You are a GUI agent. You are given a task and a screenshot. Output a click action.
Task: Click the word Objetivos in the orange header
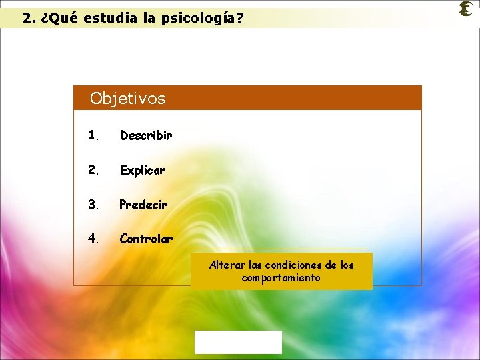pos(127,99)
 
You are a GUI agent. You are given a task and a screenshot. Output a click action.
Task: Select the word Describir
pos(146,135)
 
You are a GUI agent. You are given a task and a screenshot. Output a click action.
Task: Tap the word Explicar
pos(143,170)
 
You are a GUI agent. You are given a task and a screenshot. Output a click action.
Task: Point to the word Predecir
pos(143,204)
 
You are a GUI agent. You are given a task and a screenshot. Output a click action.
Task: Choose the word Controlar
pos(146,238)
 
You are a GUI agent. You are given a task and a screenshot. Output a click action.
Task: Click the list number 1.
pos(93,135)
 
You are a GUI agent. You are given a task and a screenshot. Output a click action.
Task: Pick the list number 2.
pos(93,170)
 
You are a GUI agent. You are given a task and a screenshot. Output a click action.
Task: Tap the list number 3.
pos(93,204)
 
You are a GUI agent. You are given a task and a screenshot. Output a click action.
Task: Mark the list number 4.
pos(93,238)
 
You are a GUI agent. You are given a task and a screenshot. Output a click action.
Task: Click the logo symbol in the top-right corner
pos(467,9)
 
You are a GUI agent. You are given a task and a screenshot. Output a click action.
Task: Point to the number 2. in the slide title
pos(29,18)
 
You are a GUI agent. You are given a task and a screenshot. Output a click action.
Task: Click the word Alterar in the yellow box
pos(226,265)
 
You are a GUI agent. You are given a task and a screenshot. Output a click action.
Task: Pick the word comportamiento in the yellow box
pos(281,277)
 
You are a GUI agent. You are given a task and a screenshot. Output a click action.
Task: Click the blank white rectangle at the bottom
pos(238,342)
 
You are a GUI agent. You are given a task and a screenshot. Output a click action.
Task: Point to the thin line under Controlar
pos(243,249)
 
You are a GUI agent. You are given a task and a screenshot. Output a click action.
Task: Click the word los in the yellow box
pos(347,265)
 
